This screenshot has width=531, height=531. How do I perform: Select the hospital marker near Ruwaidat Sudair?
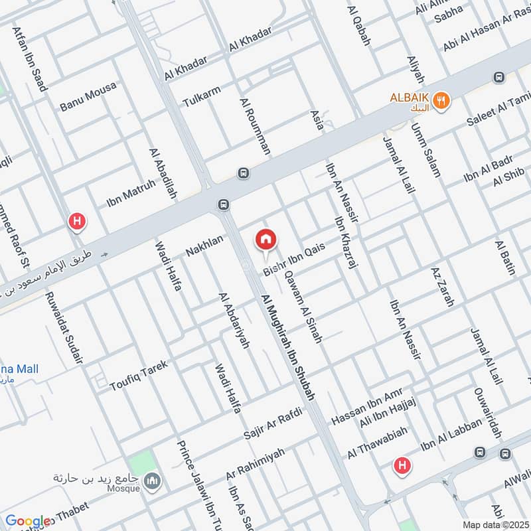78,222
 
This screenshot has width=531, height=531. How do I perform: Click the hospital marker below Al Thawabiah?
402,466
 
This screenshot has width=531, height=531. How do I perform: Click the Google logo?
28,522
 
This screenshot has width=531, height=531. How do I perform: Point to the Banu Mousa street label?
88,96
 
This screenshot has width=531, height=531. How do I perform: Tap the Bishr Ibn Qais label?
293,261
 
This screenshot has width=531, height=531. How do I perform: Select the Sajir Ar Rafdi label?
273,423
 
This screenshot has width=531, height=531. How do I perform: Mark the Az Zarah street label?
441,287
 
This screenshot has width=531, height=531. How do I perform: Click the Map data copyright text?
495,524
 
